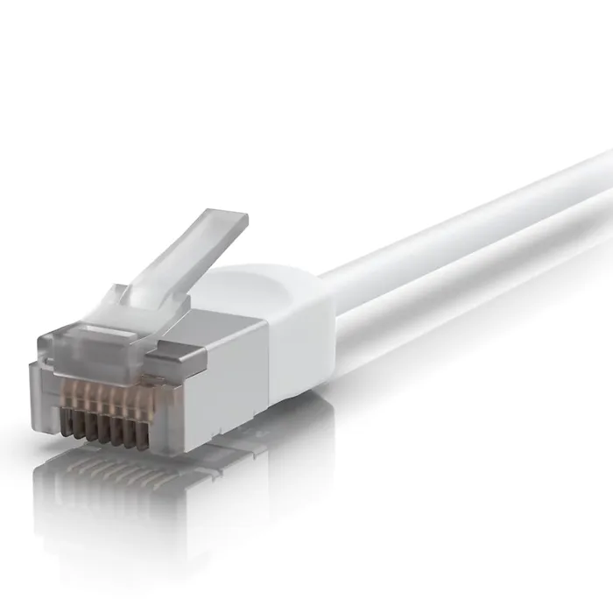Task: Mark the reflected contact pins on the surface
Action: (x=114, y=477)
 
